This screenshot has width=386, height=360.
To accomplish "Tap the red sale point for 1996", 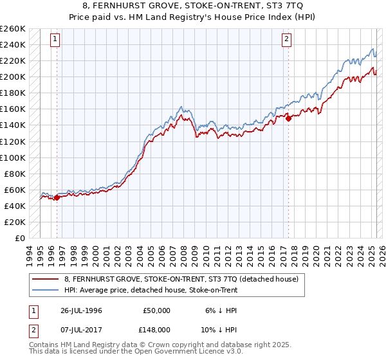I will point(57,197).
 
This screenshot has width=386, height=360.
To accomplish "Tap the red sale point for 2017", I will point(288,118).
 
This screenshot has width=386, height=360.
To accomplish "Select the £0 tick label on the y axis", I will point(19,238).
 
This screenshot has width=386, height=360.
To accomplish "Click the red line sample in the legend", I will point(45,280).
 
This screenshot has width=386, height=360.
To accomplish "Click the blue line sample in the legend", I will point(45,290).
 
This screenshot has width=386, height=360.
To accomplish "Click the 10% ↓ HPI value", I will point(220,330).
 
